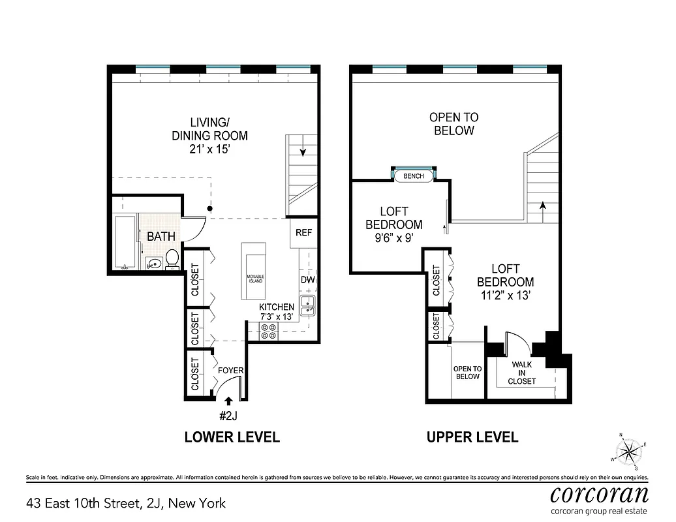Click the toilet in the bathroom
click(x=173, y=258)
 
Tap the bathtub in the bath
click(x=125, y=242)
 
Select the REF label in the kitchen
click(x=304, y=232)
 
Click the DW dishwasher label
click(x=308, y=280)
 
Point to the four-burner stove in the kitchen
click(x=268, y=331)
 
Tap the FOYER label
click(x=230, y=371)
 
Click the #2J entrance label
click(x=231, y=416)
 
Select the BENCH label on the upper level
click(x=414, y=176)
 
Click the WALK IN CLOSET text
click(x=523, y=373)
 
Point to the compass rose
click(x=630, y=450)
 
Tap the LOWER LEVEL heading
click(x=232, y=437)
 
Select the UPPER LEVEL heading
click(x=472, y=437)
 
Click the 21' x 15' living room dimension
click(x=209, y=149)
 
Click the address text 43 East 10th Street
click(x=126, y=503)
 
